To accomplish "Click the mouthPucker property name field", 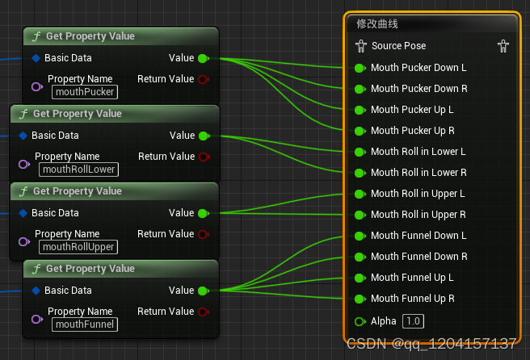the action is click(x=85, y=92).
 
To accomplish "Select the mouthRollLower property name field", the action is click(x=78, y=170).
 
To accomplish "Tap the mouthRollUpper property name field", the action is click(x=78, y=247).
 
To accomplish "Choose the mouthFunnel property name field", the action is click(x=85, y=324).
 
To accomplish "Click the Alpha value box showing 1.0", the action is click(x=413, y=320).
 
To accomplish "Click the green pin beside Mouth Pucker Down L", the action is click(x=360, y=69).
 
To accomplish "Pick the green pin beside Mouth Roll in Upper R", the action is click(x=360, y=216).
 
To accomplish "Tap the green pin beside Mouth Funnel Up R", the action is click(x=360, y=299).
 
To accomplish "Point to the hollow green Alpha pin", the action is click(x=360, y=321).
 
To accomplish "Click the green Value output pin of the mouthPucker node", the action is click(x=204, y=58).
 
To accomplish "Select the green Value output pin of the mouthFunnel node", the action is click(x=204, y=291).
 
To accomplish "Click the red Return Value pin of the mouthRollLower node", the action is click(x=204, y=157).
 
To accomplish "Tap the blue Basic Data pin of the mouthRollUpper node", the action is click(x=23, y=213).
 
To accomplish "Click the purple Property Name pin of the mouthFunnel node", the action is click(x=37, y=319).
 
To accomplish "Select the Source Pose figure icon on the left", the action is click(x=361, y=46).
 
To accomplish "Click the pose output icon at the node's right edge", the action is click(x=503, y=46).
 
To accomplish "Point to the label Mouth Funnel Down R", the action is click(x=419, y=257).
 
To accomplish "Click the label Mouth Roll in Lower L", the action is click(x=419, y=151).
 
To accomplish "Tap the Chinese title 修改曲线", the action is click(x=377, y=24).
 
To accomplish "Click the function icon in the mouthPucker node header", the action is click(x=36, y=36).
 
